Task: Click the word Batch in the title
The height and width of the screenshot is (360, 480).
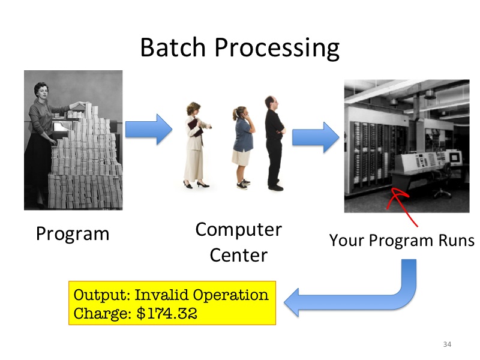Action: click(173, 47)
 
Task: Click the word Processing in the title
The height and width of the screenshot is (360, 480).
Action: click(277, 49)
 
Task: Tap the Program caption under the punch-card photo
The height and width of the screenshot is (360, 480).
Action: click(73, 235)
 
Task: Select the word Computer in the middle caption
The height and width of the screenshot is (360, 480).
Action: click(238, 230)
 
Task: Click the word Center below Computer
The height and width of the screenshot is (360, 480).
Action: click(238, 255)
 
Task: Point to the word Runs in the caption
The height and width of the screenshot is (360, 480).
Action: click(456, 240)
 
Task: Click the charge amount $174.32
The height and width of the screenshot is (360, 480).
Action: click(167, 313)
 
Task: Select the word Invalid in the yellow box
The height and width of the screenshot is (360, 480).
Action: click(161, 295)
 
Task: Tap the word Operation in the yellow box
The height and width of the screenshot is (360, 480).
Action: click(230, 295)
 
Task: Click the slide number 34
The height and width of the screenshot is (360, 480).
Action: click(447, 344)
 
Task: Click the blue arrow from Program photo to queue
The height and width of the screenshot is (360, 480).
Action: click(149, 129)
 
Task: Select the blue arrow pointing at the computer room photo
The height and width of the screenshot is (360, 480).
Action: click(316, 137)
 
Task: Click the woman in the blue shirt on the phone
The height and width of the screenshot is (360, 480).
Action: click(244, 148)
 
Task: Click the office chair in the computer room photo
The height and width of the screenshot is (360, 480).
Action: click(441, 181)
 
